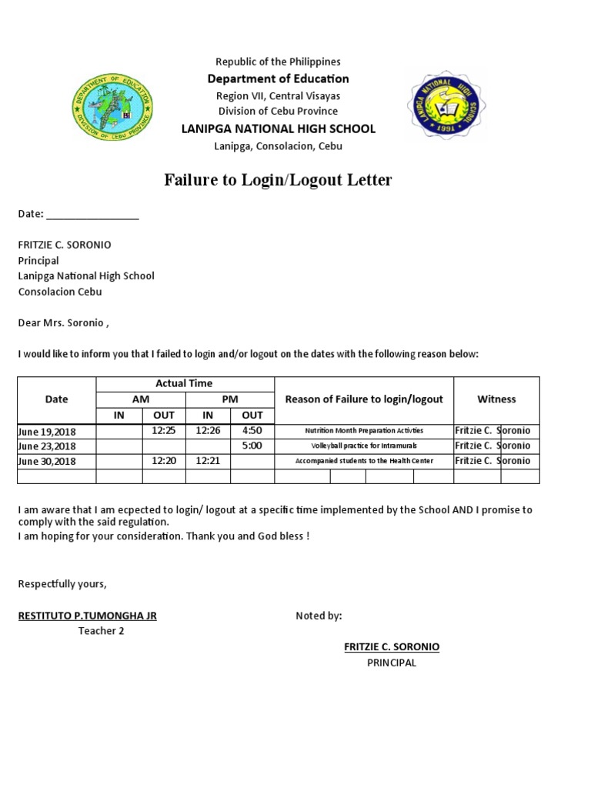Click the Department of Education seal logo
[112, 106]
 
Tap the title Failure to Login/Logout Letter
[278, 181]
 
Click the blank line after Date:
[93, 215]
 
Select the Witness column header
[496, 399]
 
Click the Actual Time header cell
[185, 383]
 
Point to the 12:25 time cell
[164, 431]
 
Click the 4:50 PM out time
[252, 431]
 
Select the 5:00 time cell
[252, 446]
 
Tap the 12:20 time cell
[164, 461]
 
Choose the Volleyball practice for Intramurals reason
[363, 446]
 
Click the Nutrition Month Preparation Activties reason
[364, 431]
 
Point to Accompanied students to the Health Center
[364, 461]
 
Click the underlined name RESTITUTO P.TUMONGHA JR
[88, 616]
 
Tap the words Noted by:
[319, 616]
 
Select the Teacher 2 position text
[101, 631]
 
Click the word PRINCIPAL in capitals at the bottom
[392, 663]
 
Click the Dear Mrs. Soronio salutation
[64, 323]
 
